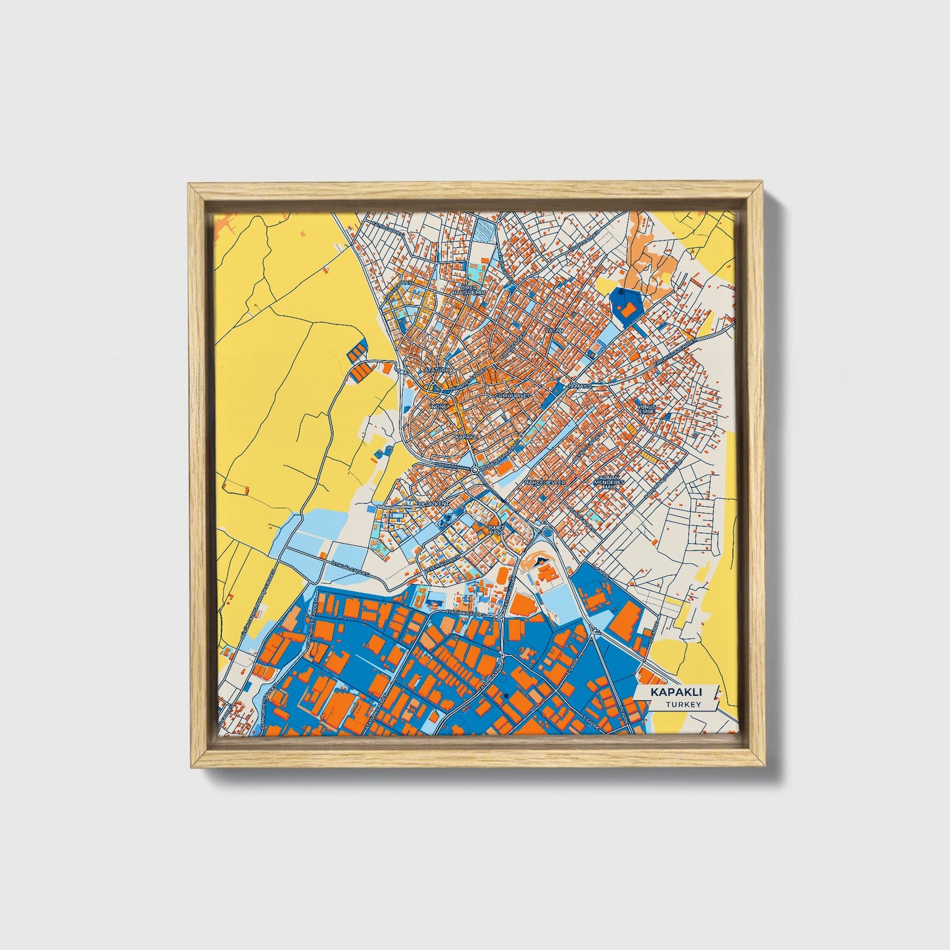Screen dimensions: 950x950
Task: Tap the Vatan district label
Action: pos(551,331)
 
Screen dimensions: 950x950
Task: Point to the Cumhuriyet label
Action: pos(512,396)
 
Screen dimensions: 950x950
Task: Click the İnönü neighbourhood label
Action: pos(438,407)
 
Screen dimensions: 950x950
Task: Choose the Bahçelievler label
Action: pos(544,482)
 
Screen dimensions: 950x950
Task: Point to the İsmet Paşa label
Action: pos(496,529)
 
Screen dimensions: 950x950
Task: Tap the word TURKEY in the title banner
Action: pos(683,705)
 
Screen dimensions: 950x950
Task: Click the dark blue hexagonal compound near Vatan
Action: pos(627,306)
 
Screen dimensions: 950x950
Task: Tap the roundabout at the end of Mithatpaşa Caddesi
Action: pos(474,469)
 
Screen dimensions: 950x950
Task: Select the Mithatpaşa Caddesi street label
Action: pos(494,458)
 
